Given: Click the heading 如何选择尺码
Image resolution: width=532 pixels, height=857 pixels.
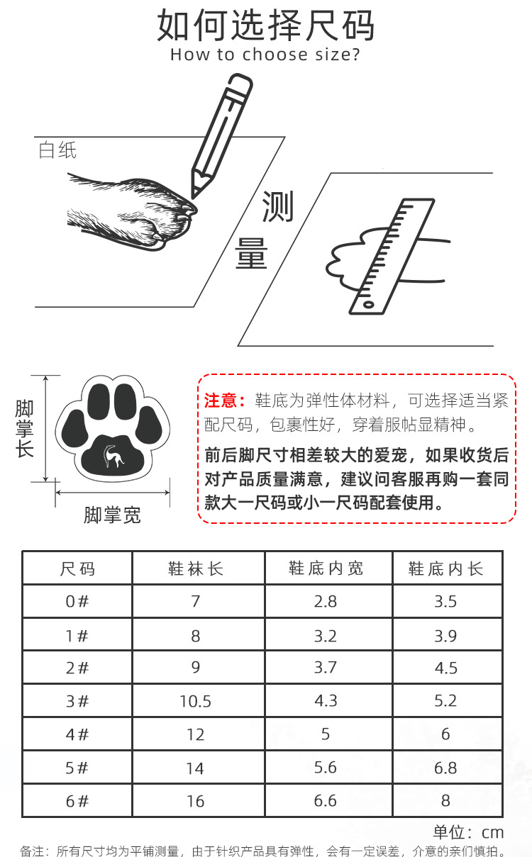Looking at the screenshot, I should pyautogui.click(x=265, y=26).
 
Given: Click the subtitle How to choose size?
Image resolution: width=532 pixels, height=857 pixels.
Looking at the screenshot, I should pyautogui.click(x=265, y=55).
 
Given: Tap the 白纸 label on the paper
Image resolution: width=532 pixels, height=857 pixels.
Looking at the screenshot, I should pyautogui.click(x=57, y=150).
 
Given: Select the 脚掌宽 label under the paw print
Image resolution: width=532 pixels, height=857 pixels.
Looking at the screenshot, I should pyautogui.click(x=112, y=515).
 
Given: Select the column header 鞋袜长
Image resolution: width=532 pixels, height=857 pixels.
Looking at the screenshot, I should pyautogui.click(x=196, y=568).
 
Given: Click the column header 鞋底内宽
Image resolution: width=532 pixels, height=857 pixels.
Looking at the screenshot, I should pyautogui.click(x=326, y=568).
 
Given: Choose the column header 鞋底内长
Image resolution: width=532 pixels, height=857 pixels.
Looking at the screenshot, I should pyautogui.click(x=445, y=568).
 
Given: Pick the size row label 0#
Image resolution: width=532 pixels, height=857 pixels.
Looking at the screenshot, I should pyautogui.click(x=77, y=602).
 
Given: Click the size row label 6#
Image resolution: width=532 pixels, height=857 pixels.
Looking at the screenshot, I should pyautogui.click(x=77, y=801).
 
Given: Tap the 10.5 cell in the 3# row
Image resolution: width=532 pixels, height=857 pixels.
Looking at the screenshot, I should pyautogui.click(x=196, y=701).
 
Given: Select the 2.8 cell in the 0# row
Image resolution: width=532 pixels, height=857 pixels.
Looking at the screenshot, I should pyautogui.click(x=326, y=602).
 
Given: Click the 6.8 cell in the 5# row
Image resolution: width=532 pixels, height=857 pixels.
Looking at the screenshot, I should pyautogui.click(x=445, y=768).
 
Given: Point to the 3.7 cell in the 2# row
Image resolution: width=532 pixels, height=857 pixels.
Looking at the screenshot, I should pyautogui.click(x=326, y=668).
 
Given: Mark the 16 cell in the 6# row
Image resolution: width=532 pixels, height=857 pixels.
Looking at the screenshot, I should pyautogui.click(x=196, y=801).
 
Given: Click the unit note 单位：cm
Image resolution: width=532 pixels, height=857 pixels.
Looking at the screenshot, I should pyautogui.click(x=468, y=832).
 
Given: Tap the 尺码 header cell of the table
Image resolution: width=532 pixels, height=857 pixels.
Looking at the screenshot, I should pyautogui.click(x=77, y=568).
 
